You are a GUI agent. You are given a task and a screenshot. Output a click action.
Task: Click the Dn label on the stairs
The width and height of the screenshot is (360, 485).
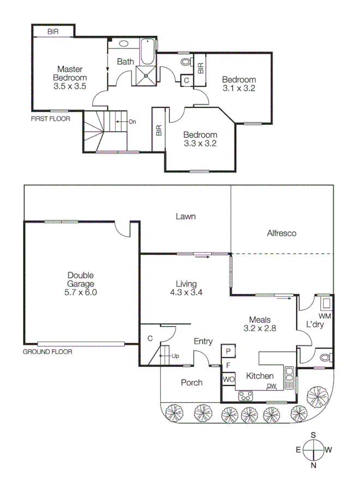click(x=132, y=122)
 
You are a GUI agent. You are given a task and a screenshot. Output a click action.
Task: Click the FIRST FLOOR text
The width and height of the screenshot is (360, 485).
click(x=50, y=118)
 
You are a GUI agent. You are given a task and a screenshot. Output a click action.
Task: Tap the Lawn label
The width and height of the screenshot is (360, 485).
click(x=185, y=216)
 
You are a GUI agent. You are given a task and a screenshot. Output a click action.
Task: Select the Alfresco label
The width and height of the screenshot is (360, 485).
click(x=281, y=233)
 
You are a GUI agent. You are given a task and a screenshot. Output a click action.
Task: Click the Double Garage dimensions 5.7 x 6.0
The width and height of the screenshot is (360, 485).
click(x=81, y=292)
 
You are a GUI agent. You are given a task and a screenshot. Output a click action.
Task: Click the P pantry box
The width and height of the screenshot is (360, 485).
click(x=228, y=351)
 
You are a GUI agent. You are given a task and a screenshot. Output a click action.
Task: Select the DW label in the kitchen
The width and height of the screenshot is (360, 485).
click(x=271, y=386)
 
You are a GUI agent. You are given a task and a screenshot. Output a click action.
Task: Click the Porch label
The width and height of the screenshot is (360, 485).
click(x=191, y=383)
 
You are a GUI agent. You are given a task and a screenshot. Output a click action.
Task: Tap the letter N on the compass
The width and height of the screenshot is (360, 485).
click(x=314, y=466)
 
